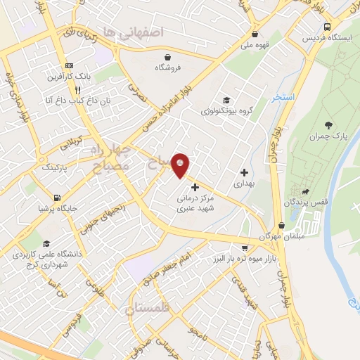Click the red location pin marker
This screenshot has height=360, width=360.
point(181,165)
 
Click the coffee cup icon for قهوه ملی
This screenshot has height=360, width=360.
point(252,32)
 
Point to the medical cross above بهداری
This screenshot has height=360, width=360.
point(244,172)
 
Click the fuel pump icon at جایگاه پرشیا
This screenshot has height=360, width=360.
point(56,198)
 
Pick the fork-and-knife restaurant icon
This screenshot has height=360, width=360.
point(77,90)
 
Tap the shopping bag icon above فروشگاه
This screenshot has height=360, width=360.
point(167,57)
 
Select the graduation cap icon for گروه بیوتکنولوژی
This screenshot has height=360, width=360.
point(226,100)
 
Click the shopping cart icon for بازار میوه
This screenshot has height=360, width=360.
point(244,248)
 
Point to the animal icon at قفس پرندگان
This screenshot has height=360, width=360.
point(305,191)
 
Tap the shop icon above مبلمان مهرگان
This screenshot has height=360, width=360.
point(282,225)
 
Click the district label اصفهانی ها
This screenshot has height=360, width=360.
point(132,32)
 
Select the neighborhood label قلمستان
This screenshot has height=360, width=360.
point(148,309)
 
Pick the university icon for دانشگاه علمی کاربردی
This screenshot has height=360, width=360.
point(46,243)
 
